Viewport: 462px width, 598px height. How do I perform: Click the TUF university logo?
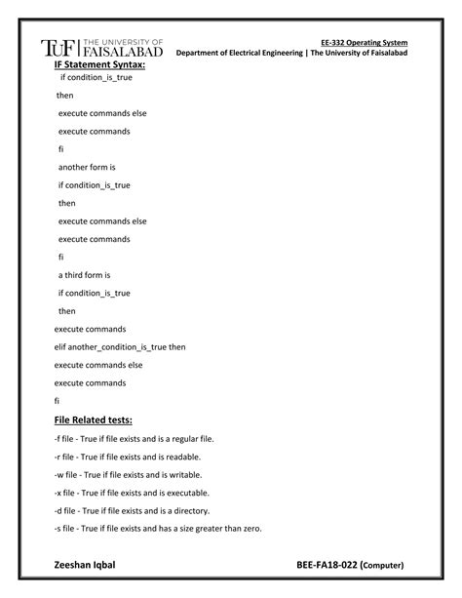tap(101, 49)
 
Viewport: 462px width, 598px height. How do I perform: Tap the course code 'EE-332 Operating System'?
tap(364, 43)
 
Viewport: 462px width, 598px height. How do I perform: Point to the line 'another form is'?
tap(88, 167)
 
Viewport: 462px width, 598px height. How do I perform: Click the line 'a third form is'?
tap(85, 275)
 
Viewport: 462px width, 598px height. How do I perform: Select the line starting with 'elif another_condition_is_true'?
tap(119, 346)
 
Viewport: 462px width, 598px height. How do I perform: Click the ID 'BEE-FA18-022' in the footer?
tap(327, 565)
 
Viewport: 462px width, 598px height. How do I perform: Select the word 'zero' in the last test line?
tap(251, 529)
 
